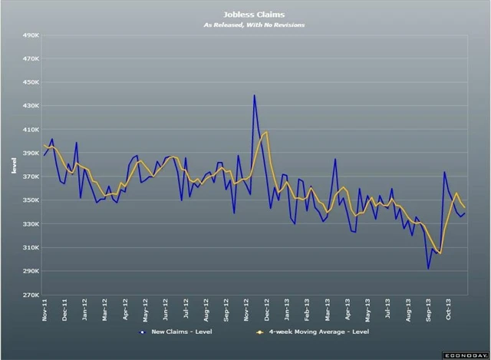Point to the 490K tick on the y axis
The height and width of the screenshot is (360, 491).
coord(30,35)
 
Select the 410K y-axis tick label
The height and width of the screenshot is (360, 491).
coord(30,130)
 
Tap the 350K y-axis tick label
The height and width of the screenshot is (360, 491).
coord(30,201)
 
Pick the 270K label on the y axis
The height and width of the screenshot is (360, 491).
coord(30,296)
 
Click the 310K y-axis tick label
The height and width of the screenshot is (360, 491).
coord(30,248)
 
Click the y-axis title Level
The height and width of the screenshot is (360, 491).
coord(14,166)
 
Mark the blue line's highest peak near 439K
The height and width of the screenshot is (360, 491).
coord(254,95)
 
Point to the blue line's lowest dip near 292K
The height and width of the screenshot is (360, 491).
coord(428,269)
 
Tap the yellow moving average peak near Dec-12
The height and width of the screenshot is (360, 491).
coord(265,132)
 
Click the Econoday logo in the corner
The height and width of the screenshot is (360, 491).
coord(464,353)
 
